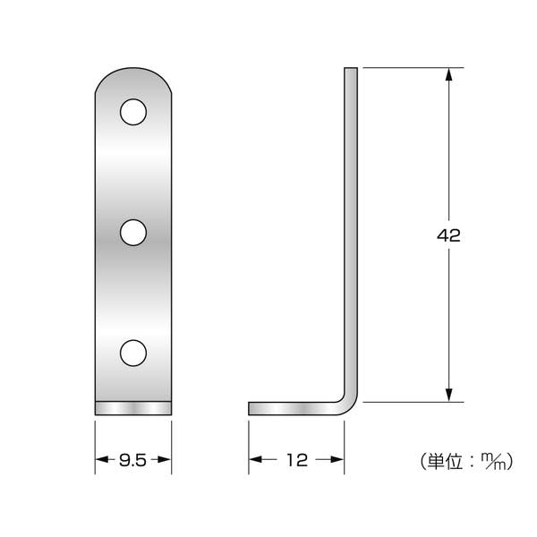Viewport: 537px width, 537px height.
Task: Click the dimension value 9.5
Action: (132, 460)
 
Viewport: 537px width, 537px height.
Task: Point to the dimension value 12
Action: (296, 460)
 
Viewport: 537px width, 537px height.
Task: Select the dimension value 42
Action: (448, 235)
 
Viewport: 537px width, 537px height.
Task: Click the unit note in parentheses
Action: (466, 461)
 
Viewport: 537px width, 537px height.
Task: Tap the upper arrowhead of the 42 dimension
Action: (449, 74)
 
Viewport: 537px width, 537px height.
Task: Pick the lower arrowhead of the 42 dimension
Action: (449, 396)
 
